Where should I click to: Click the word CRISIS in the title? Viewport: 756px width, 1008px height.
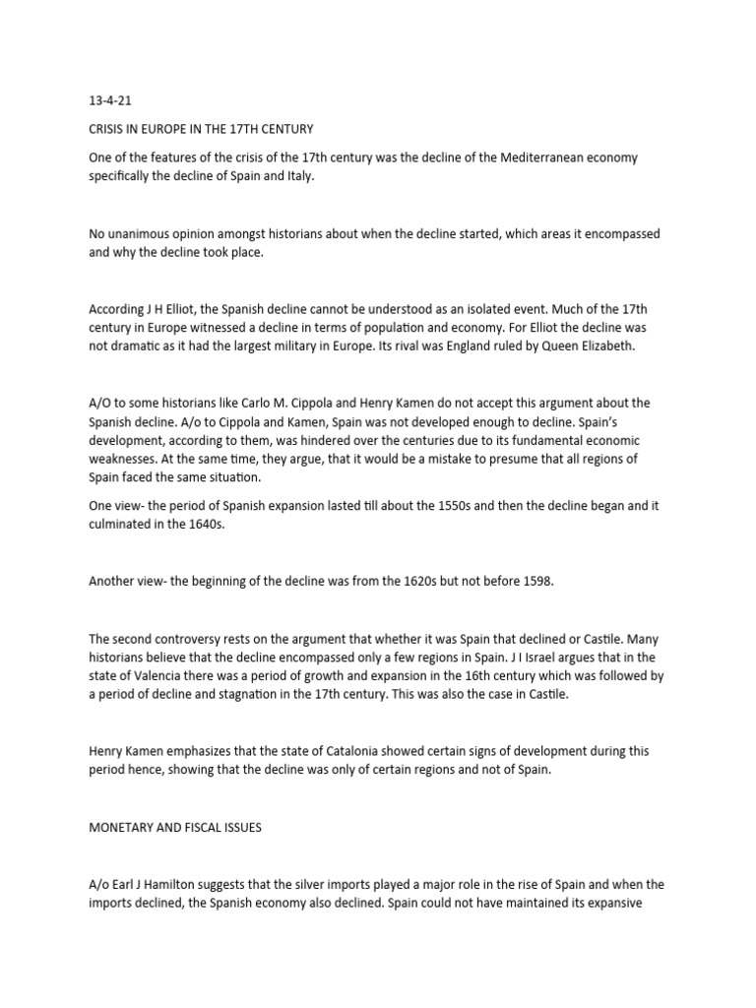(106, 130)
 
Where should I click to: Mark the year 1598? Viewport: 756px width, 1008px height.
(535, 581)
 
